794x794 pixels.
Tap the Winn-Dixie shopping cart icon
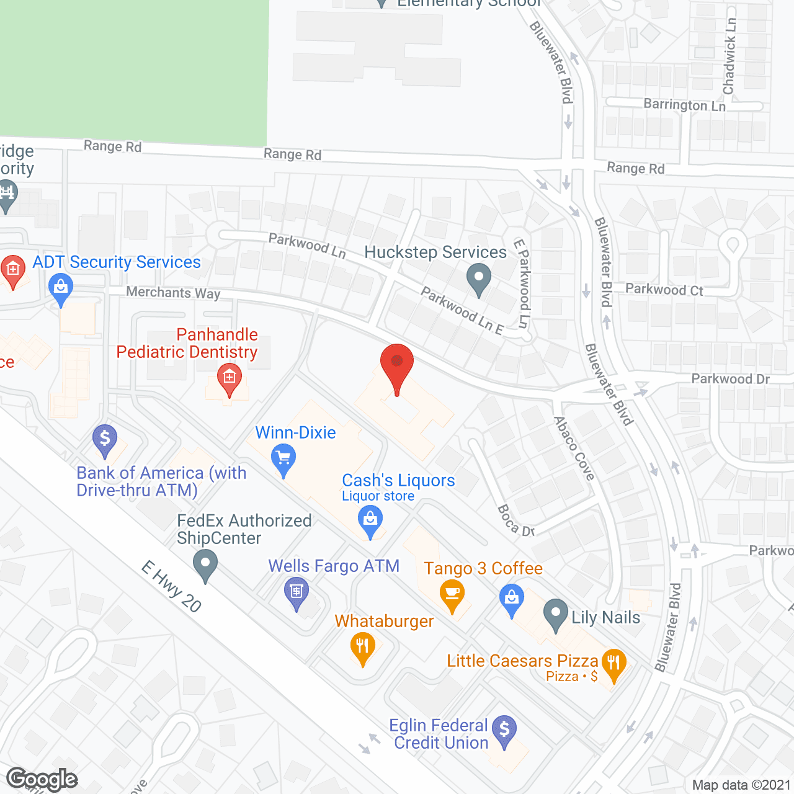pyautogui.click(x=283, y=459)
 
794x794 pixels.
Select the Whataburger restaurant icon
pyautogui.click(x=362, y=646)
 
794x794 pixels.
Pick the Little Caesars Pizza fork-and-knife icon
pyautogui.click(x=613, y=663)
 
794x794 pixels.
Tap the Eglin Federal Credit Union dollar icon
pyautogui.click(x=504, y=729)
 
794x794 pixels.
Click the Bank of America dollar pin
pyautogui.click(x=105, y=439)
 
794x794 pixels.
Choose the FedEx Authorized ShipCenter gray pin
pyautogui.click(x=205, y=565)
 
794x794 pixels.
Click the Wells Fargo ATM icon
pyautogui.click(x=297, y=591)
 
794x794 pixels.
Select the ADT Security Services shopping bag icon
pyautogui.click(x=60, y=287)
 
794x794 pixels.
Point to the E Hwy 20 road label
pyautogui.click(x=171, y=586)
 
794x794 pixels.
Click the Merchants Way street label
pyautogui.click(x=173, y=292)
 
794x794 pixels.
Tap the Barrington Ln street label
pyautogui.click(x=684, y=105)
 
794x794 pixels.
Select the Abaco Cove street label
pyautogui.click(x=574, y=448)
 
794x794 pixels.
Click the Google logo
pyautogui.click(x=42, y=779)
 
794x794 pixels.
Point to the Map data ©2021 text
pyautogui.click(x=741, y=785)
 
